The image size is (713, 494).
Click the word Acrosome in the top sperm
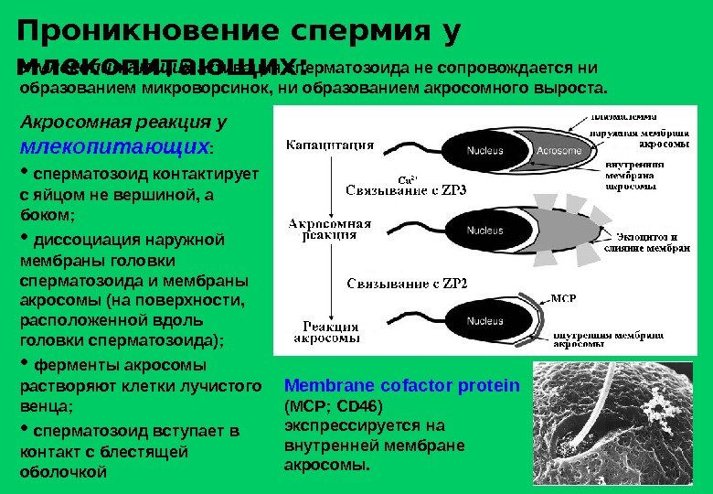click(x=559, y=150)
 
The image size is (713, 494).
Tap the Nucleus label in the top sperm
click(x=484, y=150)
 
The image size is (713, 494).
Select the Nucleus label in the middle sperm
click(x=484, y=231)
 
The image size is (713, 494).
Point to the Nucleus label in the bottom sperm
click(x=484, y=321)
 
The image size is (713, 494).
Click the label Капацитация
click(x=330, y=143)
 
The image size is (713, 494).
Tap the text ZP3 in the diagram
click(x=448, y=190)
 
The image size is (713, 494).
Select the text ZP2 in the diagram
click(x=448, y=282)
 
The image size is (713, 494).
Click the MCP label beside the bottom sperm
click(x=564, y=298)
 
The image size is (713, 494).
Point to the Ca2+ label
click(x=410, y=178)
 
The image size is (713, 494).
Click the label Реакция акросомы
click(x=330, y=331)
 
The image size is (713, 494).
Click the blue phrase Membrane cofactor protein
click(x=401, y=386)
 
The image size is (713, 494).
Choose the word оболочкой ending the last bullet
click(x=63, y=472)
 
